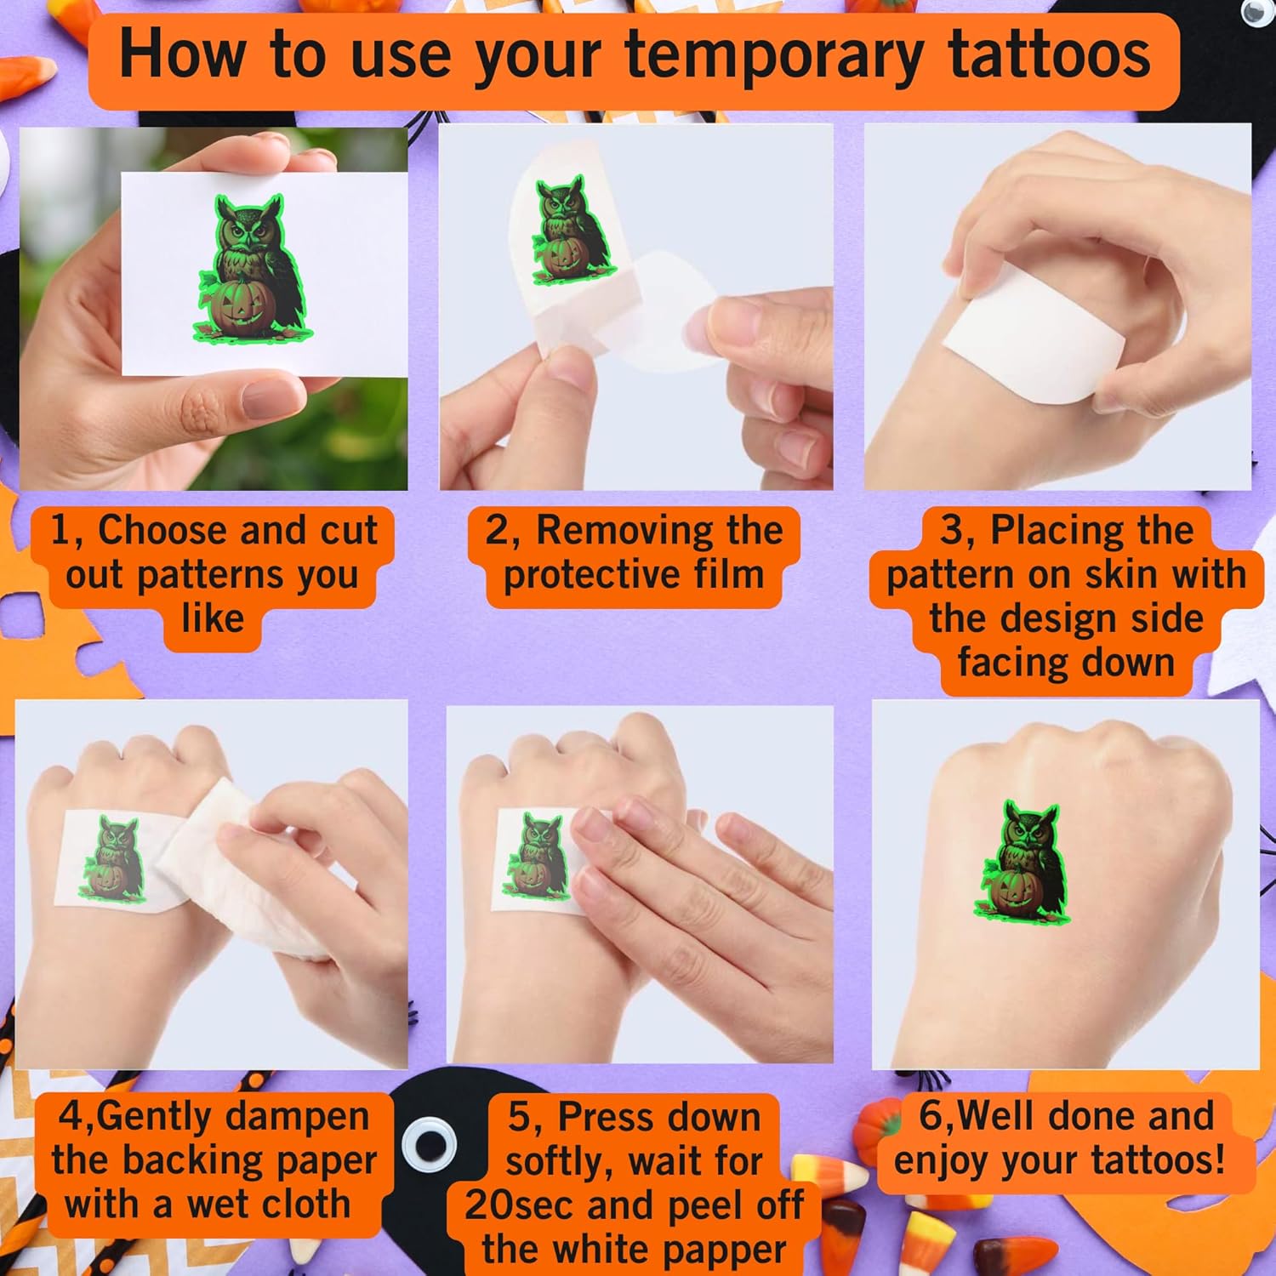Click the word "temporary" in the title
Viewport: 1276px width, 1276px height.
(774, 56)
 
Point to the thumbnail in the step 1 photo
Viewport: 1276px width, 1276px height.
(272, 396)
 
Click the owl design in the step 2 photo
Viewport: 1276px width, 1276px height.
(572, 230)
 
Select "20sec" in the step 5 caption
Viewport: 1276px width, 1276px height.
(520, 1206)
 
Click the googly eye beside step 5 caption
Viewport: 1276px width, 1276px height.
(429, 1144)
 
